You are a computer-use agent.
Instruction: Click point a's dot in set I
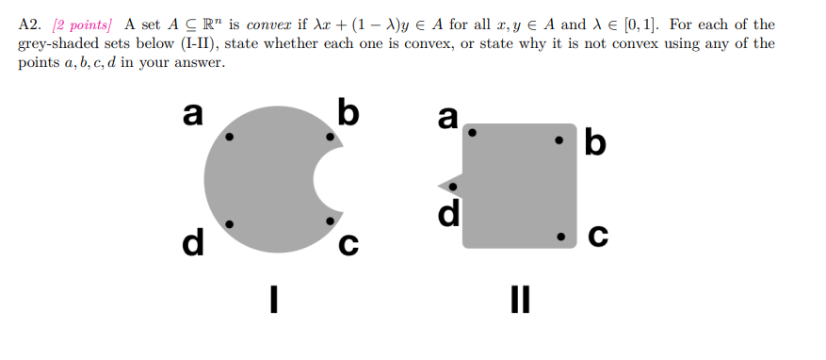(x=229, y=138)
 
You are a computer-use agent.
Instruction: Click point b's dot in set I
(x=329, y=138)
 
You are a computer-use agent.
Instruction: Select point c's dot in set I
(x=329, y=221)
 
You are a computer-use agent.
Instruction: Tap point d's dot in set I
(x=229, y=223)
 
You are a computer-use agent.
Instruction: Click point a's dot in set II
(x=473, y=135)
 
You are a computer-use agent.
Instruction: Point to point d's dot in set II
(x=452, y=187)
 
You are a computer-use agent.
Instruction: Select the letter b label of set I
(x=348, y=112)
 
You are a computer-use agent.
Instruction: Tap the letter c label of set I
(x=348, y=244)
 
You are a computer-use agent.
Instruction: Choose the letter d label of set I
(x=194, y=242)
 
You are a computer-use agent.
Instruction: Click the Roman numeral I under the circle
(x=273, y=301)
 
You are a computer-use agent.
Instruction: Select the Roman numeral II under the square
(x=520, y=301)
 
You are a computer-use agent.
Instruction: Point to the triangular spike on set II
(x=446, y=179)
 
